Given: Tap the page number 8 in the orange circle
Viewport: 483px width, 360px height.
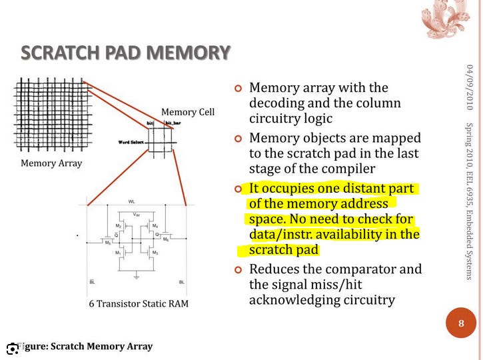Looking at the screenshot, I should (x=461, y=324).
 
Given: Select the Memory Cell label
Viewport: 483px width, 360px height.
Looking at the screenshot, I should (x=188, y=111).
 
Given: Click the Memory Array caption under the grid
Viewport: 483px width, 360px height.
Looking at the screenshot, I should (x=51, y=163).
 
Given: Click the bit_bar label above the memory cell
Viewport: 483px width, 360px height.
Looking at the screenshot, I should (x=173, y=123).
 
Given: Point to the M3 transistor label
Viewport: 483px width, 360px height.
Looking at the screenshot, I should (x=155, y=253).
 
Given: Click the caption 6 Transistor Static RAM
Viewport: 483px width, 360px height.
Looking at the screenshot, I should (x=139, y=304).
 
